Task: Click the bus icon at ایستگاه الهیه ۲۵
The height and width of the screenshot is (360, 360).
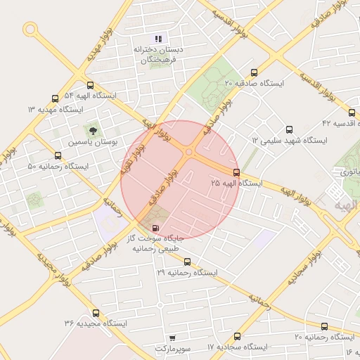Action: pos(236,172)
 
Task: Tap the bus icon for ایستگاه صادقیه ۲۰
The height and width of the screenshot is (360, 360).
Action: pos(254,72)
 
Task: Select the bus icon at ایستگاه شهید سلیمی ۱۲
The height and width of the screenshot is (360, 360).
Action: pos(289,129)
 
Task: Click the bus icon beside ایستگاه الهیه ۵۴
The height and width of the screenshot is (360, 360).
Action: pos(89,84)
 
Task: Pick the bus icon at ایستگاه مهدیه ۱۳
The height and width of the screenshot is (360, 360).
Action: pos(55,99)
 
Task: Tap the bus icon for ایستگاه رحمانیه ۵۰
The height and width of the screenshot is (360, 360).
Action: pos(58,156)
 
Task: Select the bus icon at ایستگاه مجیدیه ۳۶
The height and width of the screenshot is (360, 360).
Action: pos(96,313)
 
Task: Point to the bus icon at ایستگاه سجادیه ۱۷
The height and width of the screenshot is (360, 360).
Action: pos(237,337)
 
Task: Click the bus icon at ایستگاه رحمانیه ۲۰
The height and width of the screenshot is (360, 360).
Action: pos(324,327)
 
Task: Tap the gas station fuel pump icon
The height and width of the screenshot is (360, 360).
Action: pos(155,228)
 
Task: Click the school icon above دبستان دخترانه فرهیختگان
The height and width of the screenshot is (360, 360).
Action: pos(158,39)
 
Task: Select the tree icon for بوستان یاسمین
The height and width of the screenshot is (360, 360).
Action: pos(91,130)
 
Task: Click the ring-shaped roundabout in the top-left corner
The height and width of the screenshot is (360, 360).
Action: pos(30,29)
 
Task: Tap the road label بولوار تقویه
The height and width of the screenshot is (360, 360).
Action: pos(131,161)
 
